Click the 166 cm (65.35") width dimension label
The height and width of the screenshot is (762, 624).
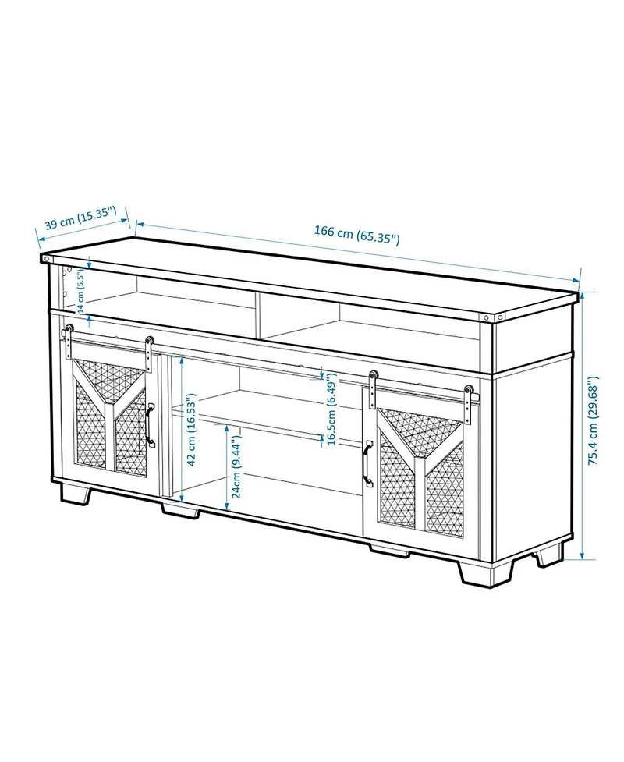356,236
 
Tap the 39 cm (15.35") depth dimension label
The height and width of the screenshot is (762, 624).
80,218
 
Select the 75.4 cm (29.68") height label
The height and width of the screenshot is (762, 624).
594,421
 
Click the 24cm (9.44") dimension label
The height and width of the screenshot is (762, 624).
236,467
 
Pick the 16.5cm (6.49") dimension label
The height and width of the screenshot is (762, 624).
331,409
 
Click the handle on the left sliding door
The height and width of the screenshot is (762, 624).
150,425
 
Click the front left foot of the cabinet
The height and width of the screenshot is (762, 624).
76,493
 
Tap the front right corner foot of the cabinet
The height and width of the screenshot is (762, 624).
484,572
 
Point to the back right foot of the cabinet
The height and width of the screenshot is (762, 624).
550,555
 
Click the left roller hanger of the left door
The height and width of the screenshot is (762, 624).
68,342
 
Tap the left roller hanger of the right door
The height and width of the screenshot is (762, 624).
374,390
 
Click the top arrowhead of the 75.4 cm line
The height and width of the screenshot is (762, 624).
582,296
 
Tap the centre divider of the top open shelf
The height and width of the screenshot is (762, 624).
260,315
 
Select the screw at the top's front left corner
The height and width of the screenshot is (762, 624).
46,259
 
